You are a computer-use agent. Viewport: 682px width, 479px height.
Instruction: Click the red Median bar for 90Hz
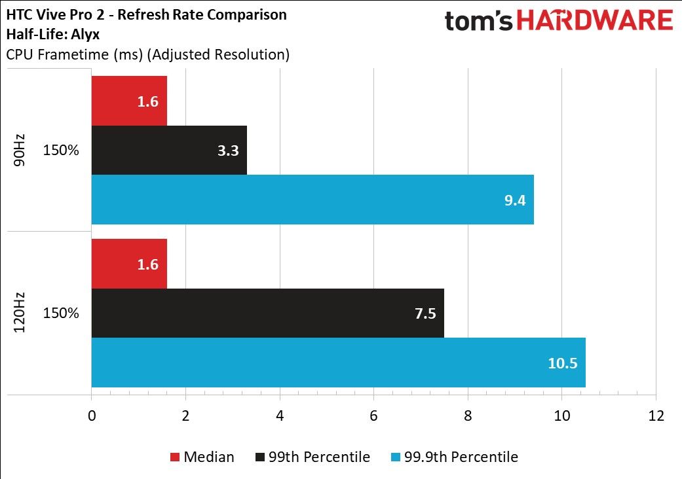129,101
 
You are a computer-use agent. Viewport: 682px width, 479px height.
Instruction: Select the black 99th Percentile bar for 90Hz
169,151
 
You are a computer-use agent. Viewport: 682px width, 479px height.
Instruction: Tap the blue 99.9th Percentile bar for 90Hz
313,200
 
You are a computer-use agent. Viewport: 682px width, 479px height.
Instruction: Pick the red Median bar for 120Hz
129,264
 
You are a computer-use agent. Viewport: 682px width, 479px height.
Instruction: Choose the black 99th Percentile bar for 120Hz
268,313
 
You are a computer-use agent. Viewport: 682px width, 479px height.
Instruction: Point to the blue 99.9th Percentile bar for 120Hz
339,362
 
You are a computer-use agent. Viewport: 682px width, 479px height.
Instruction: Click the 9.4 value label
515,200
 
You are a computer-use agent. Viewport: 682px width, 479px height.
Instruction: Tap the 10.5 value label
562,363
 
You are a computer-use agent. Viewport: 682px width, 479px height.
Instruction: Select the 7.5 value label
425,313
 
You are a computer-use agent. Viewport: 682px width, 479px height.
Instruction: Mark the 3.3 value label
228,151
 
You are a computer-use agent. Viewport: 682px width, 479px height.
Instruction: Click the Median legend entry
202,457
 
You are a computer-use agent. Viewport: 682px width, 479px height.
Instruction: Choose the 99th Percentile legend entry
313,457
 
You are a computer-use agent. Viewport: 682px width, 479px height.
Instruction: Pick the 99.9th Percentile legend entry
455,457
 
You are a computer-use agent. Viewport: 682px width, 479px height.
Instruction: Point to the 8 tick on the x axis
468,416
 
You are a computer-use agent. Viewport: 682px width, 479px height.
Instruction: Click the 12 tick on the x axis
656,416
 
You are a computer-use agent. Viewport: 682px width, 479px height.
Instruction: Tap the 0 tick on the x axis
92,416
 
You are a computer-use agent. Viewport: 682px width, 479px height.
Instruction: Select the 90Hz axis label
19,151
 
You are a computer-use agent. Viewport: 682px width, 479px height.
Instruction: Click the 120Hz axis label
19,313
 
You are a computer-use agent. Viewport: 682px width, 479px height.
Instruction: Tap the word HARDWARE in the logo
595,21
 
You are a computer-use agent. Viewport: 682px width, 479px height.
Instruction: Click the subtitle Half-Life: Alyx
52,34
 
